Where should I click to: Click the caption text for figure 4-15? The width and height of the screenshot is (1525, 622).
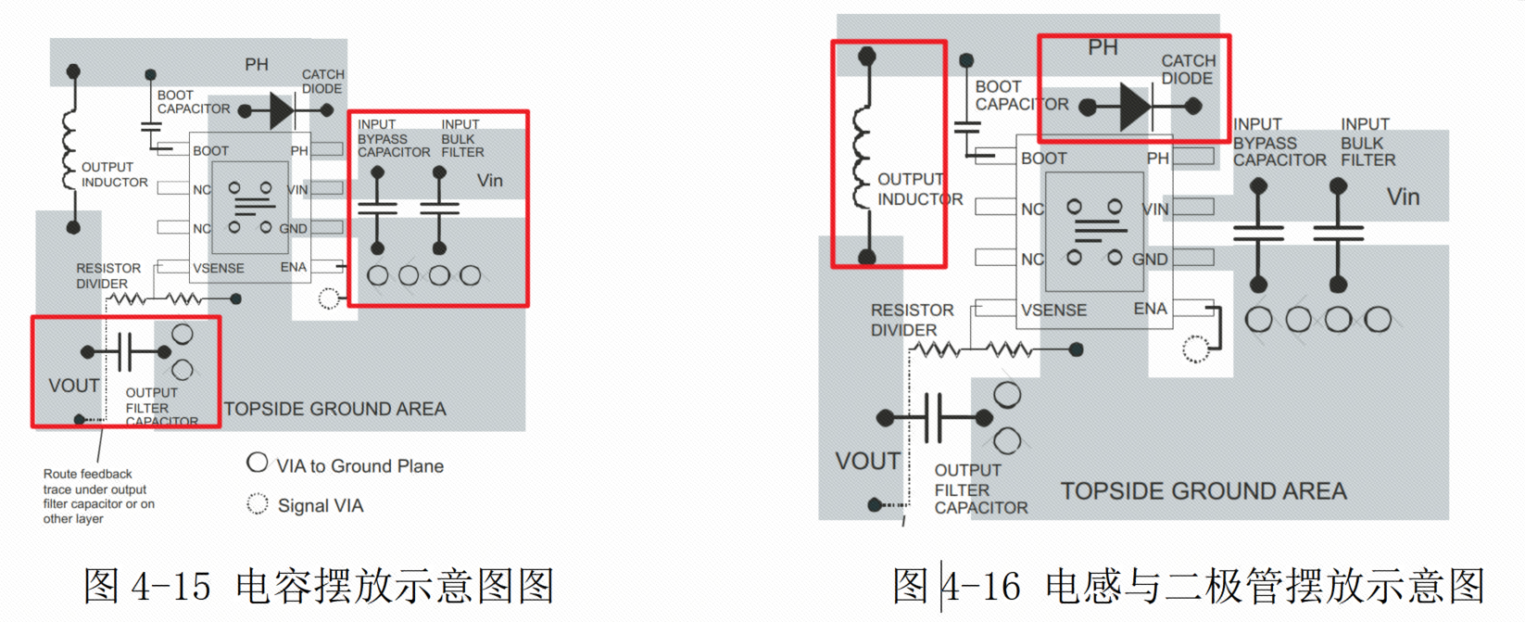pyautogui.click(x=319, y=586)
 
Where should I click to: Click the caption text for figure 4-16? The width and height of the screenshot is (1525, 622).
pyautogui.click(x=1189, y=586)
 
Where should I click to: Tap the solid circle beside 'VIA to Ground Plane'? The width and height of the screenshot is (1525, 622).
pyautogui.click(x=258, y=463)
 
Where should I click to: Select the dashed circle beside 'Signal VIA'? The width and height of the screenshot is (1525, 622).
pyautogui.click(x=258, y=503)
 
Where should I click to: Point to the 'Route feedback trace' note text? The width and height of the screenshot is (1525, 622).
pyautogui.click(x=98, y=496)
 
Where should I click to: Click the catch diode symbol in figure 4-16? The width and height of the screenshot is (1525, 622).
pyautogui.click(x=1135, y=108)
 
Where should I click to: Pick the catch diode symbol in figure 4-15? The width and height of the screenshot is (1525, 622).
pyautogui.click(x=282, y=111)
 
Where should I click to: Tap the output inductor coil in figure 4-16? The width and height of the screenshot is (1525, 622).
pyautogui.click(x=863, y=158)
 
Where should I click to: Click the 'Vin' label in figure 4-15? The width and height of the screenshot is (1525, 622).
pyautogui.click(x=490, y=181)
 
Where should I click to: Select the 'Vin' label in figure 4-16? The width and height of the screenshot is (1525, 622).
pyautogui.click(x=1403, y=197)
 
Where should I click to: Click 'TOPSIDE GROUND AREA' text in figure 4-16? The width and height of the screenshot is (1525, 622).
pyautogui.click(x=1203, y=491)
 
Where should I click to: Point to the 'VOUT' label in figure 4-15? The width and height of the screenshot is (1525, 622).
pyautogui.click(x=74, y=386)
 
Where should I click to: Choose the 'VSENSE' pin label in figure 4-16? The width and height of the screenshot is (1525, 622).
pyautogui.click(x=1053, y=310)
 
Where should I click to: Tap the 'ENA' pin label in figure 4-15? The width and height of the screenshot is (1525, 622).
pyautogui.click(x=294, y=267)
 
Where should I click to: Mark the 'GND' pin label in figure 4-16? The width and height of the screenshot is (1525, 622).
pyautogui.click(x=1150, y=260)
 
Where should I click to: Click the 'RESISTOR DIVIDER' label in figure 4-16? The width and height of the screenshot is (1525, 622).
pyautogui.click(x=911, y=320)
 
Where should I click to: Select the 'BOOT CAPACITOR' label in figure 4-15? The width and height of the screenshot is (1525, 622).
pyautogui.click(x=193, y=102)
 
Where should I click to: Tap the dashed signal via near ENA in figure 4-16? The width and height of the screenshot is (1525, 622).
pyautogui.click(x=1196, y=349)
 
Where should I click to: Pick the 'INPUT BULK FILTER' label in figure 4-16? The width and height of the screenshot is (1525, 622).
pyautogui.click(x=1367, y=143)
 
